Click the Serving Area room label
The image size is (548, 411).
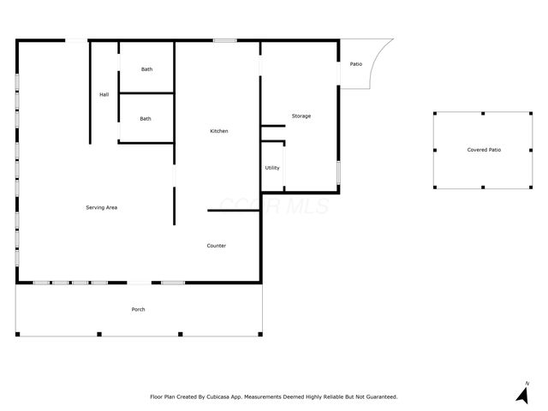(x=101, y=208)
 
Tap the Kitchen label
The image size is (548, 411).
(x=219, y=131)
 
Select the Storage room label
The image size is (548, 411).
(x=301, y=116)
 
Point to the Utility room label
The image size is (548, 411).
(x=272, y=168)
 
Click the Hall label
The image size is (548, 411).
(x=104, y=94)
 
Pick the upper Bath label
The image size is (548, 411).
(x=146, y=69)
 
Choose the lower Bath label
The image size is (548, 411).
(x=146, y=119)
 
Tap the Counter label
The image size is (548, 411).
(x=217, y=246)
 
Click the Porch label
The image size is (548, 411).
(x=138, y=309)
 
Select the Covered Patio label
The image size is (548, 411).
(x=484, y=150)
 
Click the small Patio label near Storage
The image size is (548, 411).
(x=355, y=64)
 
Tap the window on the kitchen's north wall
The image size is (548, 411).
(x=225, y=40)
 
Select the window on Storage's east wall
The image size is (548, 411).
(x=339, y=171)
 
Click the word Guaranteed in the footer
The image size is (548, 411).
(x=378, y=397)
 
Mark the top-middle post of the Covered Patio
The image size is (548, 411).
(x=483, y=113)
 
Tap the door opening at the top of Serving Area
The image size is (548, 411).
(x=77, y=40)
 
